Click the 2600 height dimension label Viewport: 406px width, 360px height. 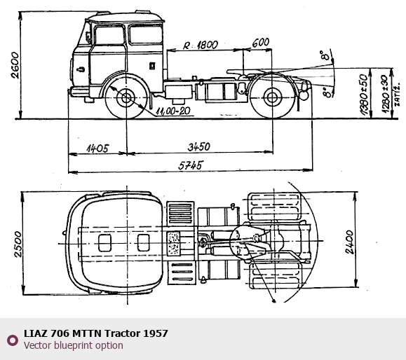15,65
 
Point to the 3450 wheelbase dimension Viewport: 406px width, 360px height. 199,146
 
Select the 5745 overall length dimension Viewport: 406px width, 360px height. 191,165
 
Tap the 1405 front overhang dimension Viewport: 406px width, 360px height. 97,148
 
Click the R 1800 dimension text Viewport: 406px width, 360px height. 201,46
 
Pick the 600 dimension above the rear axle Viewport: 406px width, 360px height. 260,43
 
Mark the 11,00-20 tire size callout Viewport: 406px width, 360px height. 173,111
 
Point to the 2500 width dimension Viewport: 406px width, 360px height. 18,244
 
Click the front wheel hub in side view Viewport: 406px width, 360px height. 126,98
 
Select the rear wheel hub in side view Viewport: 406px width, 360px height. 272,97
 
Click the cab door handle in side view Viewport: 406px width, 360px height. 81,69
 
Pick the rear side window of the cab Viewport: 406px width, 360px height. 146,34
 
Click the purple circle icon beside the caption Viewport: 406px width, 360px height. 13,340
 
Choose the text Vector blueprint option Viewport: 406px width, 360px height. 74,345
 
